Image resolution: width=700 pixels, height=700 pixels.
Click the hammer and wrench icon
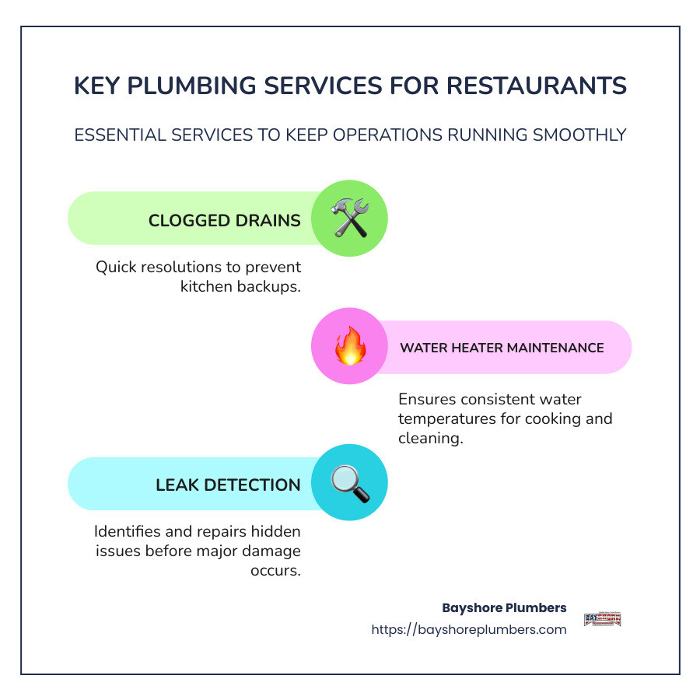click(349, 219)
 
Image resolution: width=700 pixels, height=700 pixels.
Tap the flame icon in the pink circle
click(349, 348)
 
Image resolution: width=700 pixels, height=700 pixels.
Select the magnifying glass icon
click(349, 483)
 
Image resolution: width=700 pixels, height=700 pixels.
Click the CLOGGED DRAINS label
click(224, 220)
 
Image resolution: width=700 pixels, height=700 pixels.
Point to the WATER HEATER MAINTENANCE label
click(502, 348)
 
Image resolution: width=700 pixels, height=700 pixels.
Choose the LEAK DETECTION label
click(228, 485)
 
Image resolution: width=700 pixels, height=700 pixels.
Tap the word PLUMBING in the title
click(209, 86)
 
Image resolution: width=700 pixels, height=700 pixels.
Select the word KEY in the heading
click(100, 86)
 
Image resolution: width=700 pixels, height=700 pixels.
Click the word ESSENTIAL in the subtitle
click(123, 135)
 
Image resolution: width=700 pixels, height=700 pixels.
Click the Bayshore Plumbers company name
click(504, 607)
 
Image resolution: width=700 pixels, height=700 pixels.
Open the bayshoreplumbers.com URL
click(469, 629)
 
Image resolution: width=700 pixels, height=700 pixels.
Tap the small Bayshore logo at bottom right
click(602, 619)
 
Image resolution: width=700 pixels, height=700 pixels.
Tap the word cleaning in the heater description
click(430, 438)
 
